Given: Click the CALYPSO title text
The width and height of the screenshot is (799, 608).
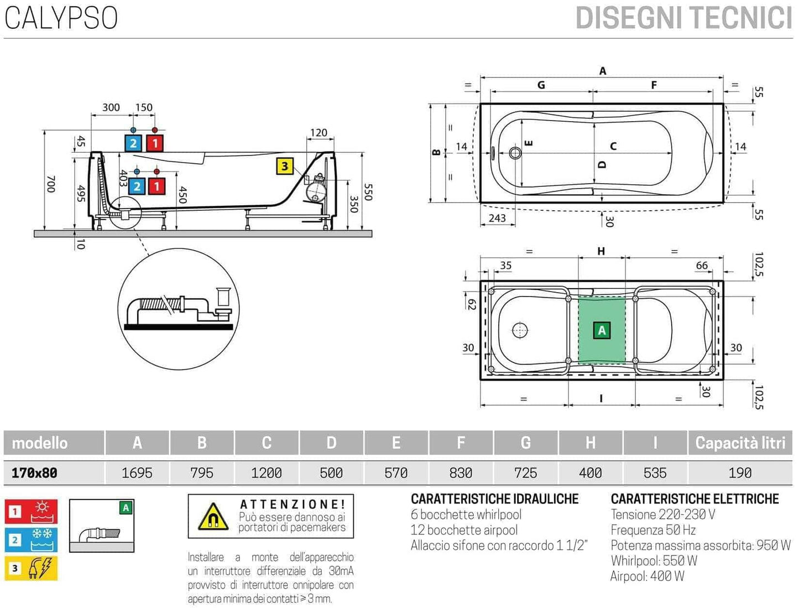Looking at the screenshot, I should coord(61,18).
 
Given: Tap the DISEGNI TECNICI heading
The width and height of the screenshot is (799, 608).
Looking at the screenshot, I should coord(683,18).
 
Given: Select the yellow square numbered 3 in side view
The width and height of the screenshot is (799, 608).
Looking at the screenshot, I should coord(284,167).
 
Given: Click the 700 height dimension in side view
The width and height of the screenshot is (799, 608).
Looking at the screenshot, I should coord(50,184).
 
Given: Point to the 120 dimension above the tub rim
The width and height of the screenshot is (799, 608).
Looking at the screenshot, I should coord(318,133).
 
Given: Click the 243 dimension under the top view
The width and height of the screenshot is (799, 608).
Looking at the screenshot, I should coord(497,218).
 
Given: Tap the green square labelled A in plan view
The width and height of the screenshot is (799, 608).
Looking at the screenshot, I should coord(602,331).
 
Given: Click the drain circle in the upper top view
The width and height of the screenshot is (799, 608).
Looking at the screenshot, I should coord(515,152).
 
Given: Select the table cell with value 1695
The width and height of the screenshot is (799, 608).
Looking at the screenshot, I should coord(137,473).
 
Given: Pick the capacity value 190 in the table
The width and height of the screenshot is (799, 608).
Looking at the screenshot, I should coord(740,473).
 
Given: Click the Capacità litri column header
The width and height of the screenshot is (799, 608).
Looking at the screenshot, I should coord(740,443).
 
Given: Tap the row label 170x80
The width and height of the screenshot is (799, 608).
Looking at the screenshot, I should coord(34,473).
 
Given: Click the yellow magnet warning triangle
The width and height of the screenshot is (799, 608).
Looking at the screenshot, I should coord(213,517).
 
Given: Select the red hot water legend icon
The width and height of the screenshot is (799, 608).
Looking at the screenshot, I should coord(32,512).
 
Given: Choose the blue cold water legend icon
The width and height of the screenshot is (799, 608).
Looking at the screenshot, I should coord(32,540).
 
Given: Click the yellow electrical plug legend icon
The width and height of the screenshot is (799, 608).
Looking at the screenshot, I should coord(32,568).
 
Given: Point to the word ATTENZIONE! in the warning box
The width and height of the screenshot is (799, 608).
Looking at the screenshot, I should coord(293,505).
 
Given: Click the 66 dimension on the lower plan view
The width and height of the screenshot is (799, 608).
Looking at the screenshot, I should coord(702,266).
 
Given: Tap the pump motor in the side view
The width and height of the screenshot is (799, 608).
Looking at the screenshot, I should coord(317,188).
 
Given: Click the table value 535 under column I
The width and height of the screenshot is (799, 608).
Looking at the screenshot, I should coord(655,473).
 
